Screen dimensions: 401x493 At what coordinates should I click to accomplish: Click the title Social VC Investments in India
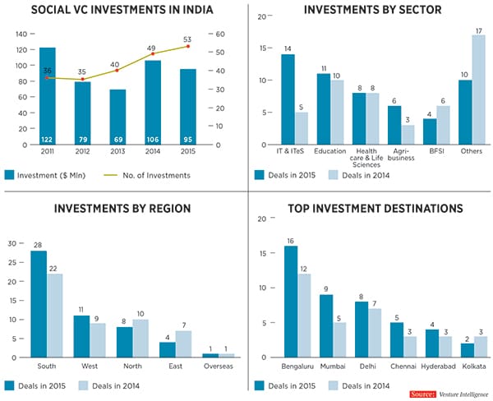click(122, 11)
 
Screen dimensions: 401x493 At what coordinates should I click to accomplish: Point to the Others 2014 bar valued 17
click(478, 90)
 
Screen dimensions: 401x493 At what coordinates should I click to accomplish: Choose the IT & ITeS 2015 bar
click(288, 99)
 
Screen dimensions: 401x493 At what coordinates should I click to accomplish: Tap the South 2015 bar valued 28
click(39, 304)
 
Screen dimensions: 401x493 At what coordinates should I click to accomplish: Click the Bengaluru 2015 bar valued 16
click(291, 301)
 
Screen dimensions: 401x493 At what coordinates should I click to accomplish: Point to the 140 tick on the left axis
click(20, 35)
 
